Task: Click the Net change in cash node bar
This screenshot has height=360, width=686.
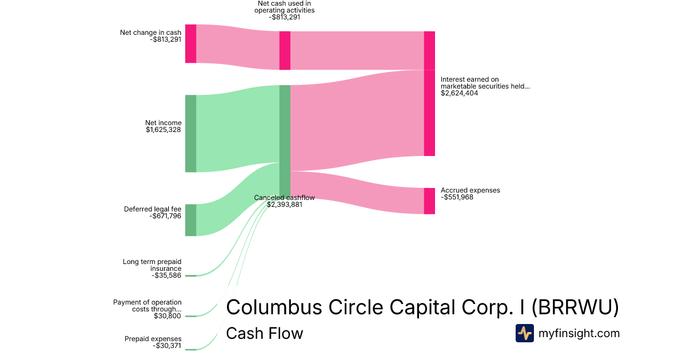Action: pos(190,43)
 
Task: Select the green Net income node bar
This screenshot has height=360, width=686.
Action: pos(190,133)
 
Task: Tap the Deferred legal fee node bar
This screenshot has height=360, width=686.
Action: pos(190,220)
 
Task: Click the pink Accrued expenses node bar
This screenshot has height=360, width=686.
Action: pos(429,201)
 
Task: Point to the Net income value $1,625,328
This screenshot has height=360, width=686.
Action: pos(163,130)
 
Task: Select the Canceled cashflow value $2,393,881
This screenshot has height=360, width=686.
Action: pos(284,205)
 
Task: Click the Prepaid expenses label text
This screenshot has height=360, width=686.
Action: pos(153,339)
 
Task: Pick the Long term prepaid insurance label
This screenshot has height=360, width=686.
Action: pos(152,265)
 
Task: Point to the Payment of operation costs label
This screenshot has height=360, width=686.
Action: pos(147,305)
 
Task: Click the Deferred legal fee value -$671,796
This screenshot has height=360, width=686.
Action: pos(165,217)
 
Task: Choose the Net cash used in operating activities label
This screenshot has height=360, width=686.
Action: pos(284,7)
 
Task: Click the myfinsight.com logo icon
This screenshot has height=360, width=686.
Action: pos(524,333)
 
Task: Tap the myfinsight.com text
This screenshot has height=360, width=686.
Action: pos(579,333)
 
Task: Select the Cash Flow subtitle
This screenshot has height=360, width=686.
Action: pos(264,334)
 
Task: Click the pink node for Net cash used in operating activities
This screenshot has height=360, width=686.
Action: pos(285,50)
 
